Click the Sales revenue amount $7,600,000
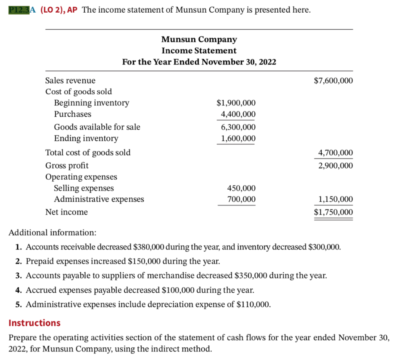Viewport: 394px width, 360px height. (x=333, y=80)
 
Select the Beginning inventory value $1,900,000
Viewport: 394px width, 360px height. (x=236, y=103)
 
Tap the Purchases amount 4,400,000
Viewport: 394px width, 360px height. (x=238, y=114)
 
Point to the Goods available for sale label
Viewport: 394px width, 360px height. (x=97, y=127)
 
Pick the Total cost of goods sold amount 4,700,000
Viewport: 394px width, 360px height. (x=335, y=153)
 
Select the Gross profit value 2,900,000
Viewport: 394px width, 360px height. (x=335, y=166)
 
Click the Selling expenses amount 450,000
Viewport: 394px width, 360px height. (x=241, y=188)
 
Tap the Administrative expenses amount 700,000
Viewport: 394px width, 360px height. (x=241, y=199)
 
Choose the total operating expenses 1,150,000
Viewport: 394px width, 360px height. (x=335, y=199)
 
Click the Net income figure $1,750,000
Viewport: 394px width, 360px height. (x=333, y=212)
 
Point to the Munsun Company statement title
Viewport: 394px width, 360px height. (x=199, y=40)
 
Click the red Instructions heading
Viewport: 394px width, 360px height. (x=35, y=323)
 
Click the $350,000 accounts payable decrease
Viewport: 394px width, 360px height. (x=250, y=276)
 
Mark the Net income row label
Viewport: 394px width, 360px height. (x=67, y=212)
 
